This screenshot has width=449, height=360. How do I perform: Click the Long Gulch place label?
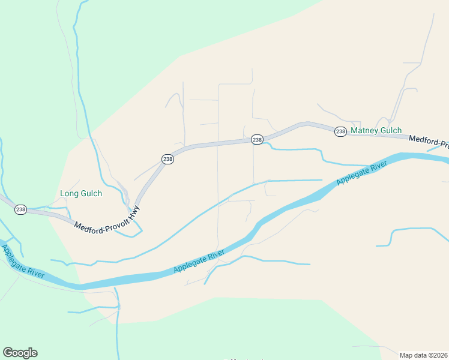pos(81,194)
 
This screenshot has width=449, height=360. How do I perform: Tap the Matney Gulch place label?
pos(376,130)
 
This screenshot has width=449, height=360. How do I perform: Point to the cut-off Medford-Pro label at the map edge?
pos(429,142)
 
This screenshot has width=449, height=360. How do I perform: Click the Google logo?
pos(20,353)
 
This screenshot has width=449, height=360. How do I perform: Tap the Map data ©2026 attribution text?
pos(424,355)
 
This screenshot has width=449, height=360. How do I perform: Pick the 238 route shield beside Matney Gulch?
pos(340,131)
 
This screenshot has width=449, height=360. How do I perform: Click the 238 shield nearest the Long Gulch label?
pos(21,209)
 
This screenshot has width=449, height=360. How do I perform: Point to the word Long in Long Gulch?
pos(69,194)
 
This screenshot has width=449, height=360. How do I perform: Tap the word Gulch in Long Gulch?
pos(91,194)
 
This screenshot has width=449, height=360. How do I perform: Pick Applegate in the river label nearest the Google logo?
pos(15,254)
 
